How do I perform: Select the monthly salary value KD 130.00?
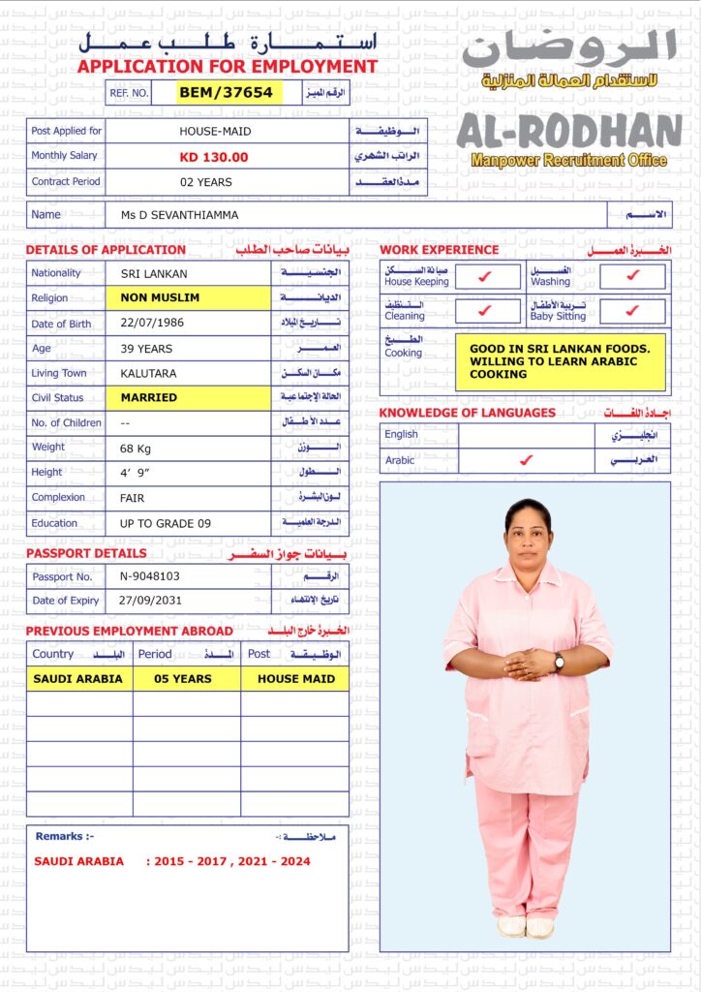[x=214, y=157]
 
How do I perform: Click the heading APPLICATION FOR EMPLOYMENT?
[x=228, y=67]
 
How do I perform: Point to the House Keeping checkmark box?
[x=487, y=277]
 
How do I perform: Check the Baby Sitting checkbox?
[x=632, y=311]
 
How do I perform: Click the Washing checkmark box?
[x=632, y=277]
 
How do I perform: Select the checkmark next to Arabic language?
[x=526, y=460]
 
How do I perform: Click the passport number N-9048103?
[x=150, y=575]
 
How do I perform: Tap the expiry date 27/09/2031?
[x=150, y=601]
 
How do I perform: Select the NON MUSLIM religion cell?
[x=188, y=298]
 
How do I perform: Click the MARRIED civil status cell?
[x=188, y=397]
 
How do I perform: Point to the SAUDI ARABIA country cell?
[x=78, y=679]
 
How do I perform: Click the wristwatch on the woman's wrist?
[x=559, y=661]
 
